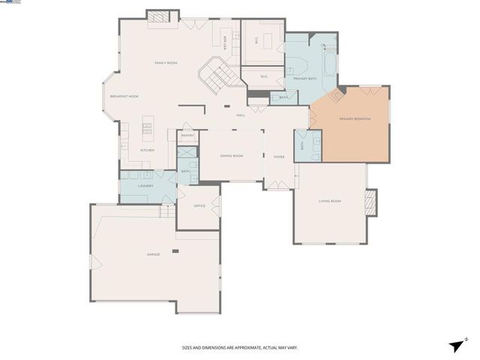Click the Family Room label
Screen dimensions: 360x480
166,62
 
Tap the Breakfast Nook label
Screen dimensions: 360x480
124,97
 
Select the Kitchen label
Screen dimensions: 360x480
148,151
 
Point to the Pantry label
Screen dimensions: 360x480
187,135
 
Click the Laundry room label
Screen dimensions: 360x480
145,185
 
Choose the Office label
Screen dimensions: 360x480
199,205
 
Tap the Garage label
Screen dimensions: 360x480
153,254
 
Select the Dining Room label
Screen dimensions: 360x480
231,156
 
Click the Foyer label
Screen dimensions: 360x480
279,157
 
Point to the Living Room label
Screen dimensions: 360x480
330,201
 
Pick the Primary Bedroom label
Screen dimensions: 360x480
355,118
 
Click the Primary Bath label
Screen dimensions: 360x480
306,78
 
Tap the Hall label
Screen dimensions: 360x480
241,115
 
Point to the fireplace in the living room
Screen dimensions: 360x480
369,202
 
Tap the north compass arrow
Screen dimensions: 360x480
457,344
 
